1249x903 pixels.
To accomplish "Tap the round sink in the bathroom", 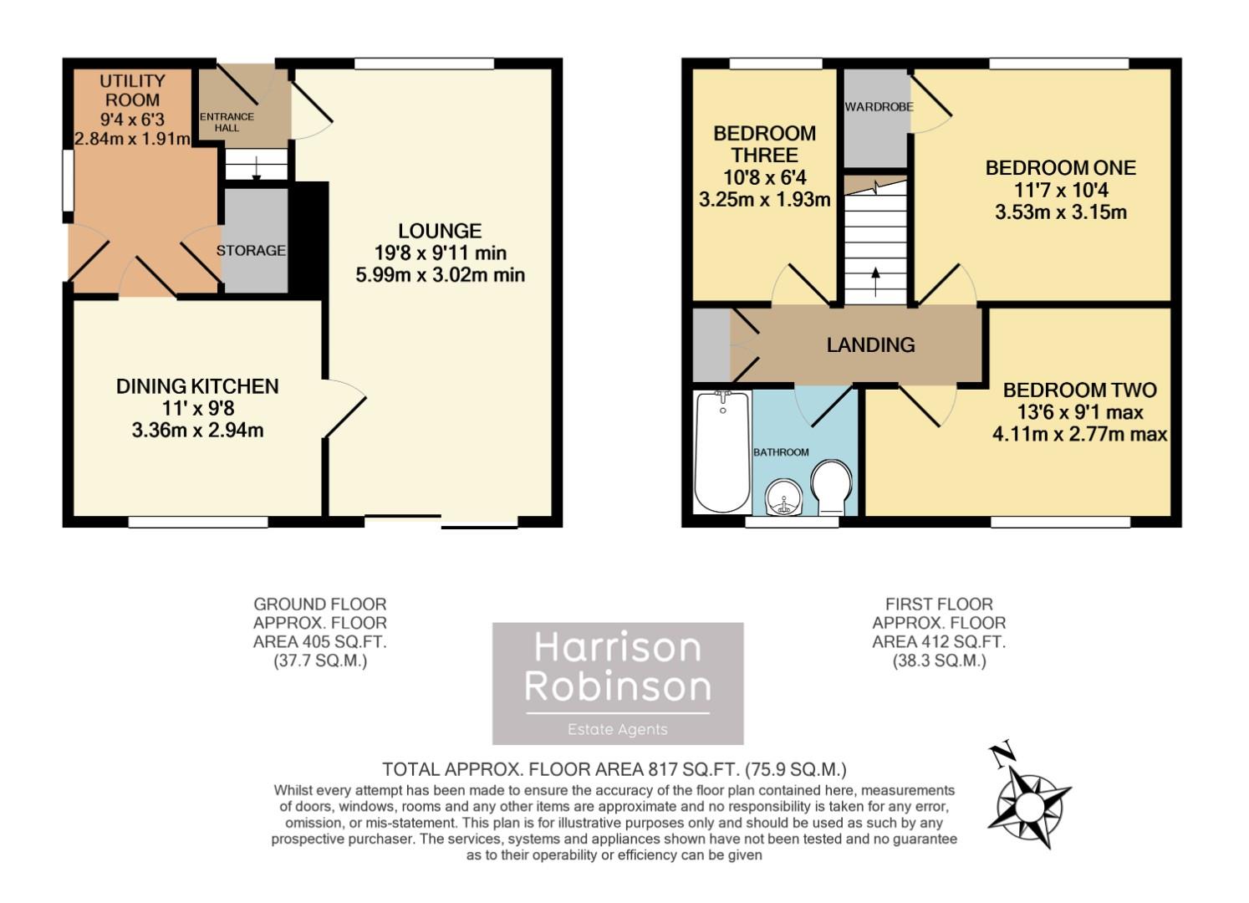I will click(784, 498).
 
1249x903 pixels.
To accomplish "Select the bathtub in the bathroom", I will click(722, 451).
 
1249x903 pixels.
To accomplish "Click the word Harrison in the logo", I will click(617, 649).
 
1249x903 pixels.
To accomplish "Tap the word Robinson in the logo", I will click(617, 686).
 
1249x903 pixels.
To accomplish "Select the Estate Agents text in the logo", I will click(617, 729).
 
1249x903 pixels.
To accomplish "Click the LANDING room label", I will click(870, 344).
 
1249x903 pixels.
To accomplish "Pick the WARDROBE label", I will click(878, 107).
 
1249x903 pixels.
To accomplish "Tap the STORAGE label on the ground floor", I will click(251, 250).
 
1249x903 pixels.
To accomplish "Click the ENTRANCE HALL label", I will click(227, 122).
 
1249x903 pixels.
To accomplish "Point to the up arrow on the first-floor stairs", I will click(875, 278).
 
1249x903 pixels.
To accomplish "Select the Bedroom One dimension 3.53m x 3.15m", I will click(1060, 212).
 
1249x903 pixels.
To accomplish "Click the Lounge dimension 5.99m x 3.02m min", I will click(440, 274).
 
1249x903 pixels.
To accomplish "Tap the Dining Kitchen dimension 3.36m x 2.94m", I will click(197, 431).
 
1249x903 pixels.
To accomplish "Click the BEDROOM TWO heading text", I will click(1079, 390).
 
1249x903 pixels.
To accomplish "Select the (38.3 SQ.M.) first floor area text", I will click(939, 661).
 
